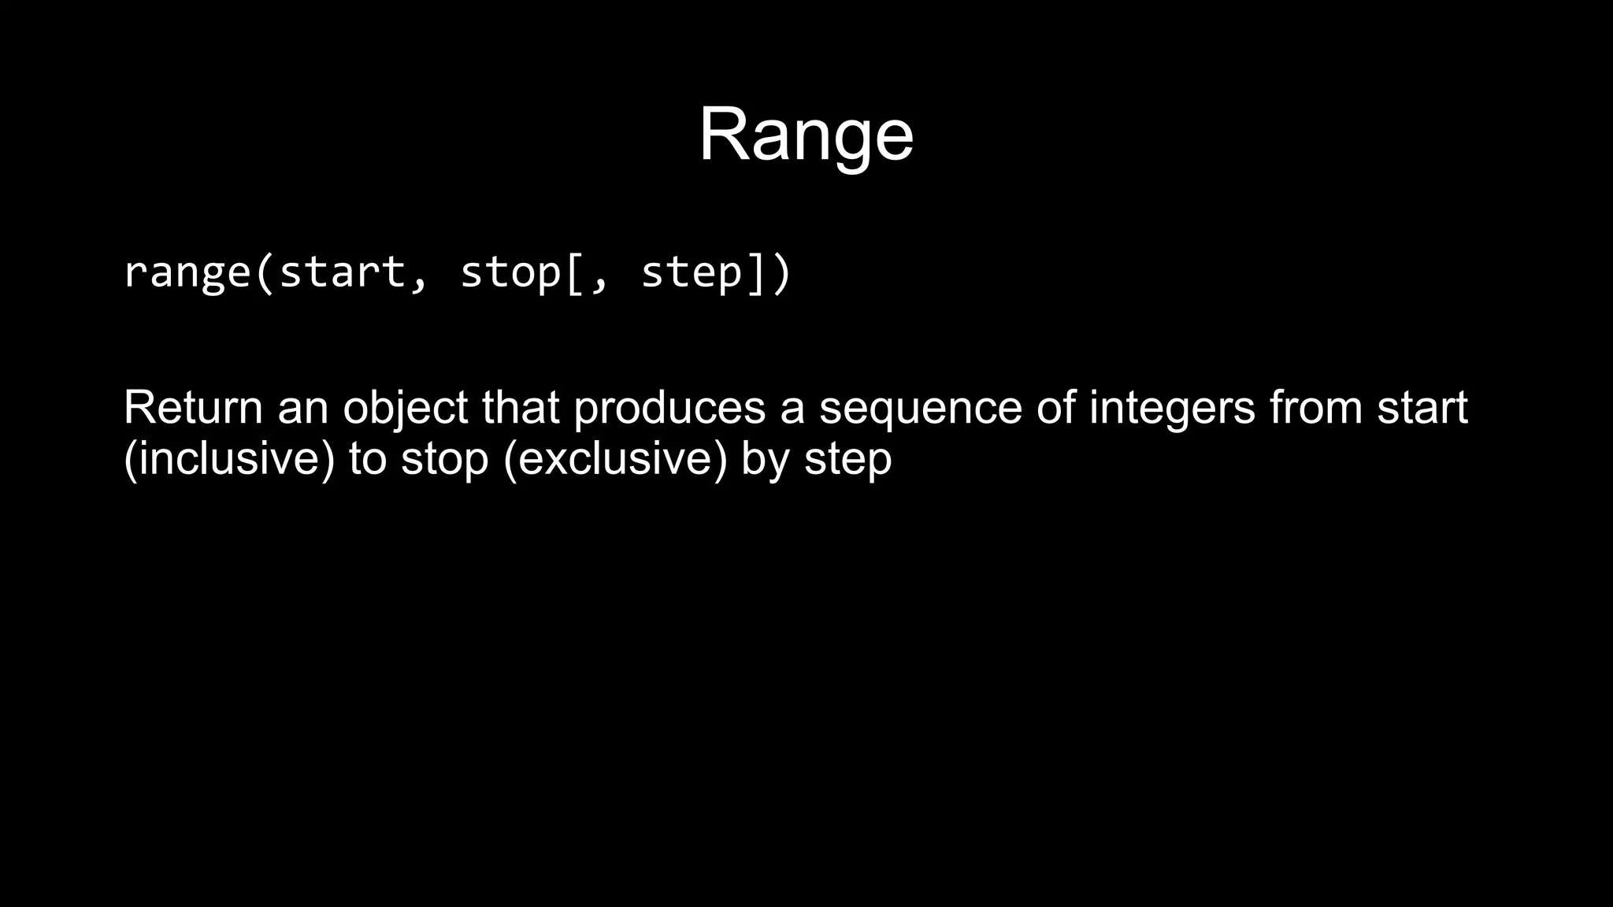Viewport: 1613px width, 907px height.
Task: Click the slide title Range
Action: [806, 135]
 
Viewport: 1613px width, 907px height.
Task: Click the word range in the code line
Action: [187, 272]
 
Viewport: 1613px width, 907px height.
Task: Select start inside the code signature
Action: [343, 272]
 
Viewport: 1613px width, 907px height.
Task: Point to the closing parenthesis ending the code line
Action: [781, 272]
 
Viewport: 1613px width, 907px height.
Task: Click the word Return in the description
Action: [193, 408]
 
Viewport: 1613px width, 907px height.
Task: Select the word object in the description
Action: [406, 409]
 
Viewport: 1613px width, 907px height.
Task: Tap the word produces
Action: [669, 409]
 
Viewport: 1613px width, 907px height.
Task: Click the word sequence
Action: [920, 409]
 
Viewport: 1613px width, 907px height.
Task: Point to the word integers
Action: [1172, 409]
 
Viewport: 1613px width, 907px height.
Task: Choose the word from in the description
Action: [1316, 408]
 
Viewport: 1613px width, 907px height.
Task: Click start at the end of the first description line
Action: [1422, 408]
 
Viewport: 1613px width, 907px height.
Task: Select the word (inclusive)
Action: [229, 459]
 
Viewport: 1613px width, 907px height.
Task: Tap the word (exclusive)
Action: [614, 459]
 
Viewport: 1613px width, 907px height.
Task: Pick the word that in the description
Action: [521, 408]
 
